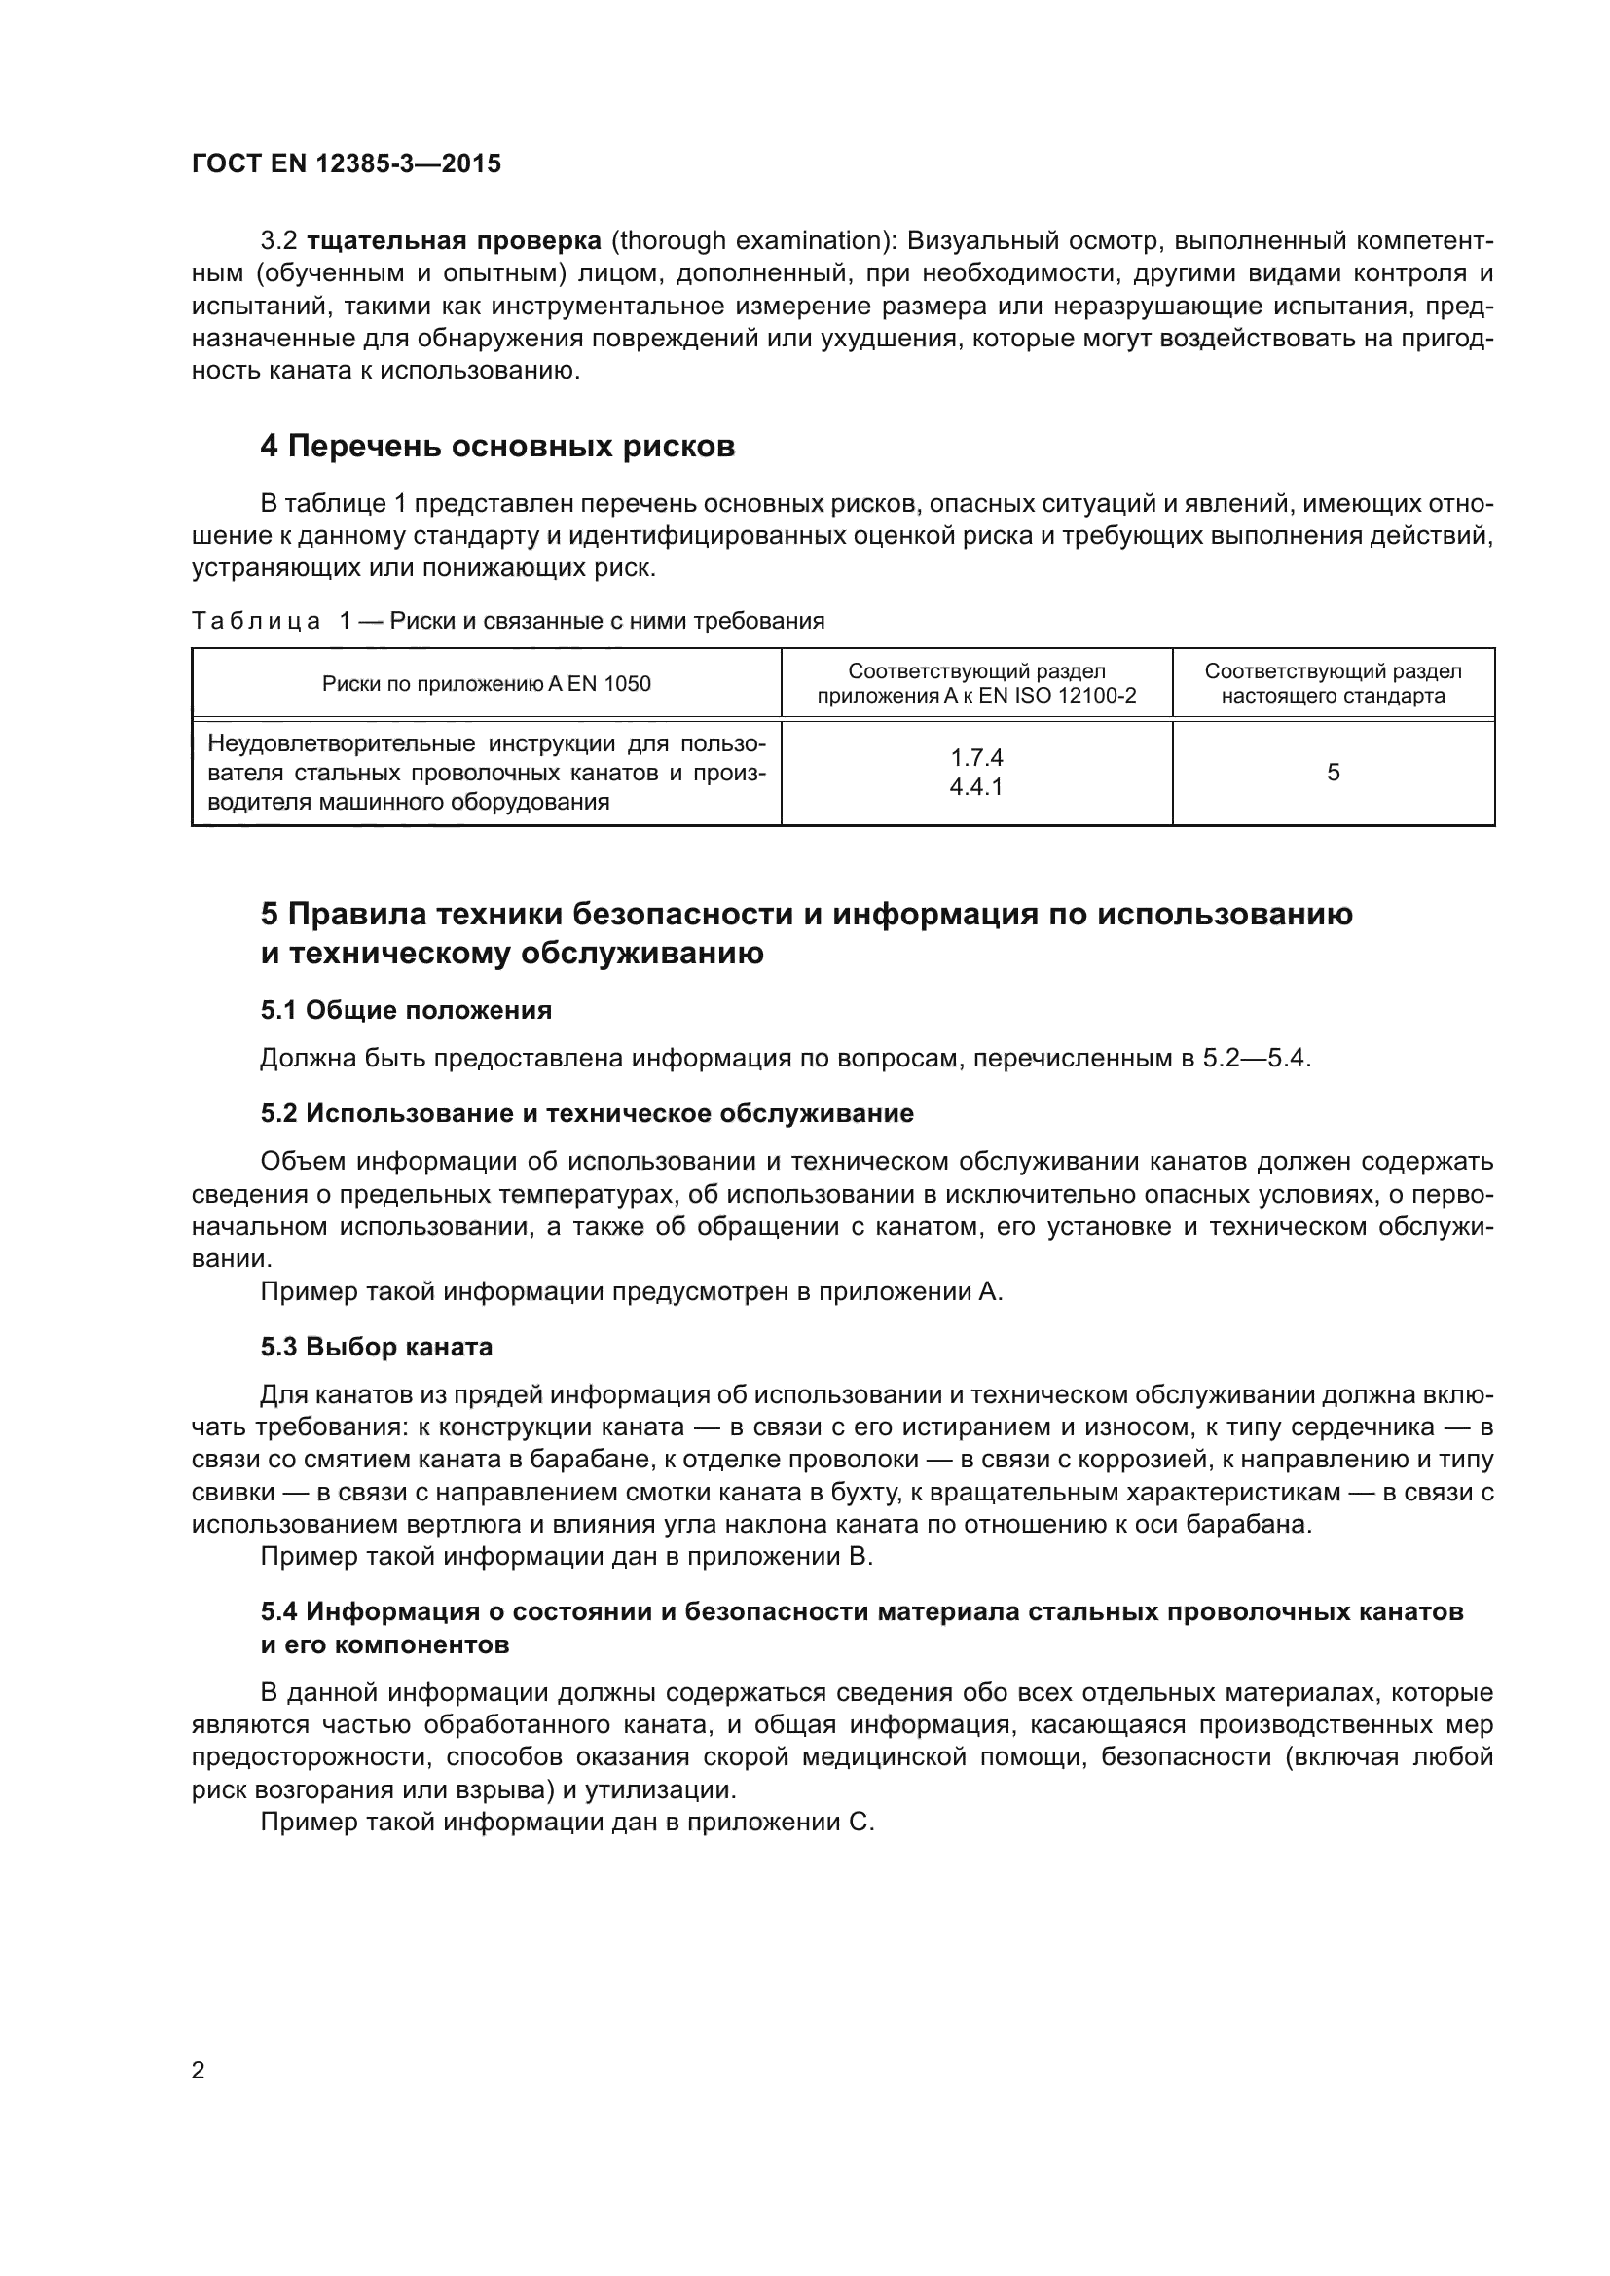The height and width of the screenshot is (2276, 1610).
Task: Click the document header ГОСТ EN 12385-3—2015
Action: (x=346, y=163)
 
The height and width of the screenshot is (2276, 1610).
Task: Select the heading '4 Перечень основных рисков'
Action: (x=496, y=447)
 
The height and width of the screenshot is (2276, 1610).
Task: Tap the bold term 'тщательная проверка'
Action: (x=454, y=241)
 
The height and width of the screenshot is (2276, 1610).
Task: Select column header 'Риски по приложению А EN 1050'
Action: (x=486, y=683)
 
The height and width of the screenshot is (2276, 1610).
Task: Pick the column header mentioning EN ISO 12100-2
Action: (x=976, y=683)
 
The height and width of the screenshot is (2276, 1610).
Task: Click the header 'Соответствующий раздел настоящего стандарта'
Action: (x=1333, y=683)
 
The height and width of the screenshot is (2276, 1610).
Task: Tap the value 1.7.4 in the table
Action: (x=976, y=757)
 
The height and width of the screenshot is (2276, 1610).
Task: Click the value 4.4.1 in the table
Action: (x=976, y=787)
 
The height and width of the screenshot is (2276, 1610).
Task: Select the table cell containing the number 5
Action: (x=1333, y=773)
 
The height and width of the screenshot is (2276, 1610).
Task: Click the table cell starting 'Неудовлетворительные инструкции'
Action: (x=486, y=773)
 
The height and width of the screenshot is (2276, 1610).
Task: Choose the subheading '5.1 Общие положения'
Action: (x=407, y=1010)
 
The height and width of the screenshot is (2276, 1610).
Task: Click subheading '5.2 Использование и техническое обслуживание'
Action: (x=587, y=1113)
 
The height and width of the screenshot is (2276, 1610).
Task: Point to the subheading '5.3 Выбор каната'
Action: (x=377, y=1347)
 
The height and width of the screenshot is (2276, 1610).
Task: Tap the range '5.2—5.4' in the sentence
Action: (x=1255, y=1059)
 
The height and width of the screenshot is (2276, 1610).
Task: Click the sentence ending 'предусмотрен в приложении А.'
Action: (x=632, y=1291)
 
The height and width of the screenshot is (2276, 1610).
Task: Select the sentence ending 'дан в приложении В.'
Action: (x=567, y=1556)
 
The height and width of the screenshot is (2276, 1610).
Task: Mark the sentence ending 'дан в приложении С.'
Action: (x=567, y=1822)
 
